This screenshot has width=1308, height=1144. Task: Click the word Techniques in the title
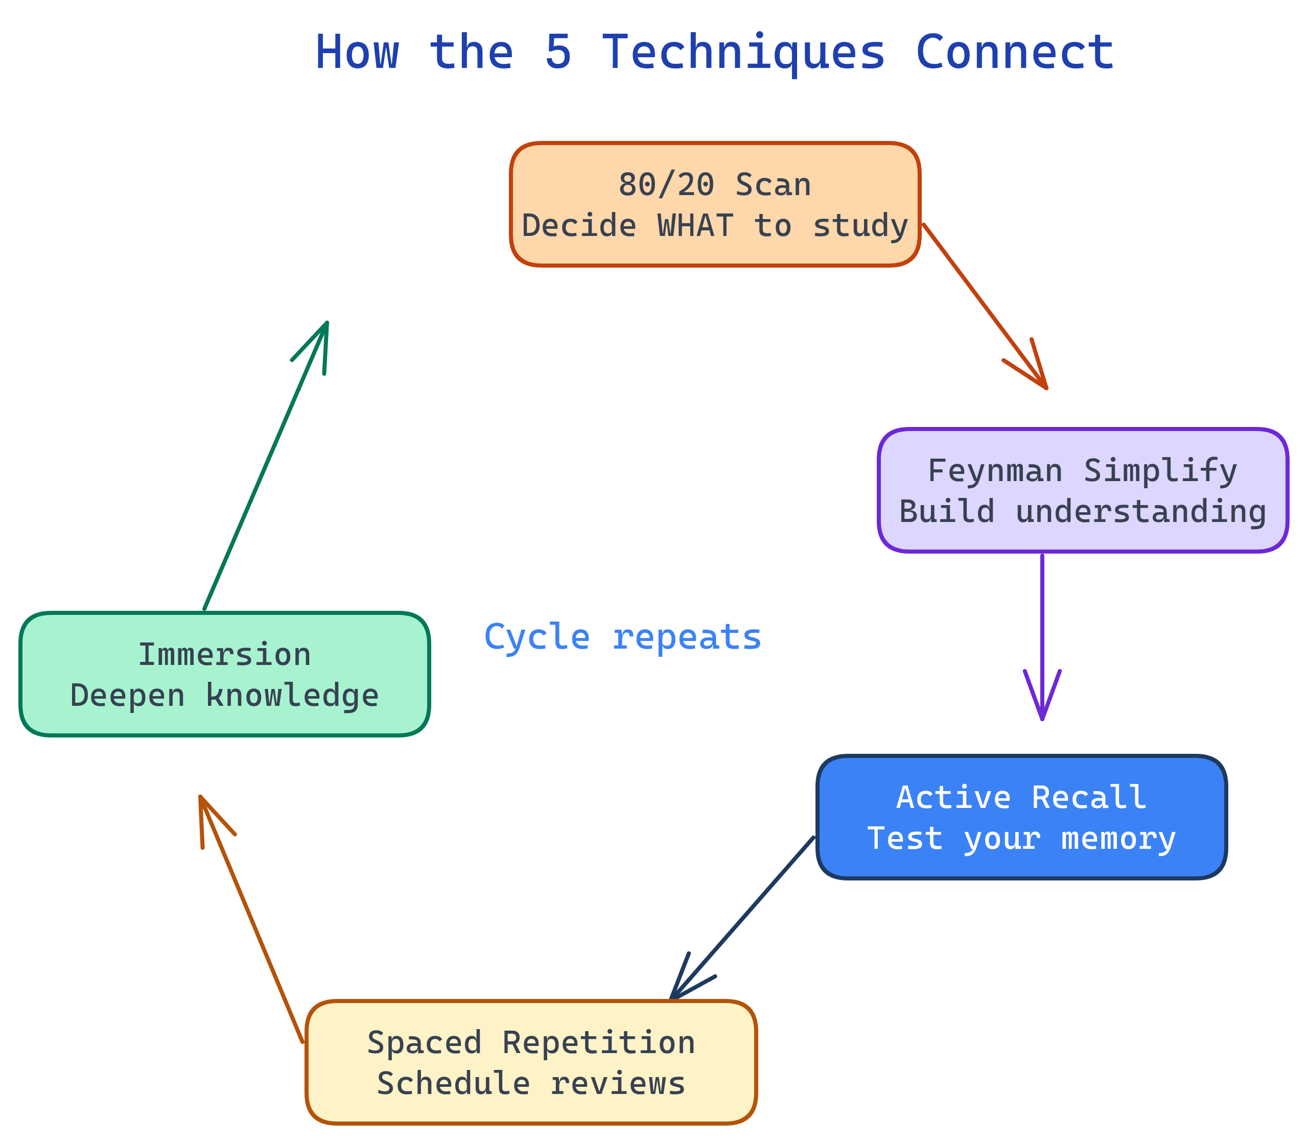[x=743, y=52]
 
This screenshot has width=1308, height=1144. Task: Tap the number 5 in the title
[x=557, y=52]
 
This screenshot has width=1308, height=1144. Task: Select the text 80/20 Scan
[x=714, y=185]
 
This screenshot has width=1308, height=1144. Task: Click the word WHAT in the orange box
[x=695, y=226]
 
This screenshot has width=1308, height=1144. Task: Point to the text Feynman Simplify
[x=1082, y=471]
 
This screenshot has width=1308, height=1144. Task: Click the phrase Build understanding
[x=1082, y=512]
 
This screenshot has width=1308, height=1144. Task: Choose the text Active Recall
[x=1021, y=798]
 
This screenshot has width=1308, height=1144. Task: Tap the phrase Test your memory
[x=1021, y=839]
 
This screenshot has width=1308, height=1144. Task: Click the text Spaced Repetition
[x=531, y=1043]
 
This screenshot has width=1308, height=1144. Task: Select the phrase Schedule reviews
[x=531, y=1084]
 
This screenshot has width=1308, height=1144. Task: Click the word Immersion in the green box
[x=224, y=655]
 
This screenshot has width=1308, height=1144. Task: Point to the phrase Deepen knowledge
[x=224, y=696]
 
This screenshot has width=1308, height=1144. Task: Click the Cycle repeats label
[x=622, y=637]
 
